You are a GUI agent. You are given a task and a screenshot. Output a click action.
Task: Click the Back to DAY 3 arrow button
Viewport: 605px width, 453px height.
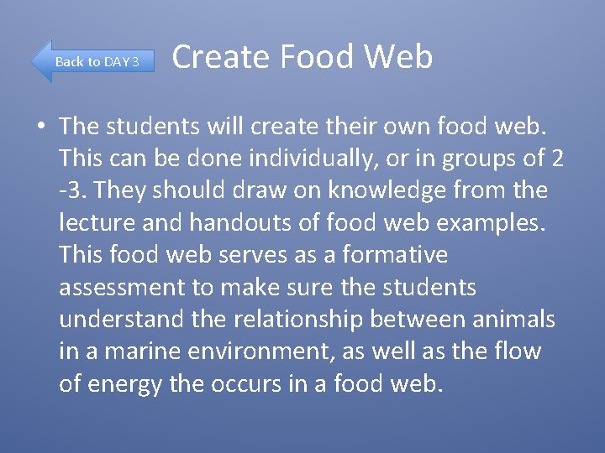(92, 61)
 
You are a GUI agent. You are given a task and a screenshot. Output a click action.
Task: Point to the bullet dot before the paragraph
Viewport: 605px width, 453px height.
(39, 127)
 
